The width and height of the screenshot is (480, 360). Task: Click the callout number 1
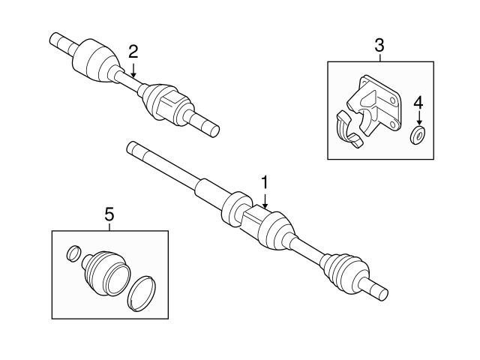[x=264, y=182]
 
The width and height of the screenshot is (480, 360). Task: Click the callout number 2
[x=133, y=51]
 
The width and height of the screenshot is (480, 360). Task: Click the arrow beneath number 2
[x=133, y=70]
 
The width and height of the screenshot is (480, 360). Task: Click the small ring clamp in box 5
[x=73, y=253]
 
